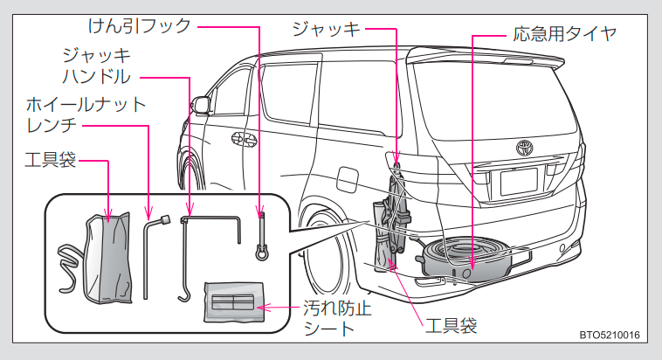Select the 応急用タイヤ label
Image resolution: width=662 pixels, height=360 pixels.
pyautogui.click(x=565, y=34)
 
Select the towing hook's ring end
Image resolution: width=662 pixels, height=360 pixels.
pyautogui.click(x=260, y=253)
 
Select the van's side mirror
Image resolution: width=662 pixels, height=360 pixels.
pyautogui.click(x=203, y=105)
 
